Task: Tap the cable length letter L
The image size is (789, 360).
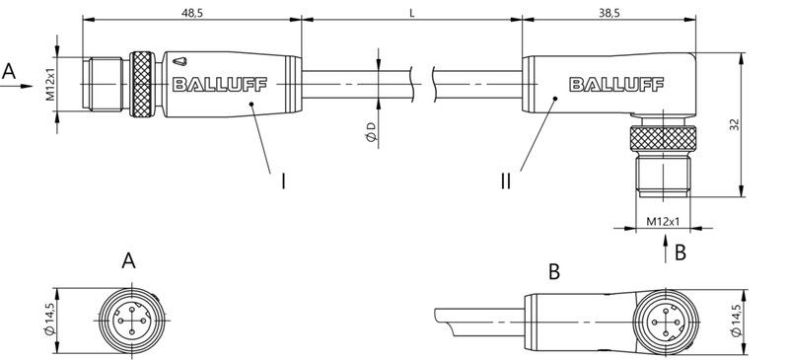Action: pyautogui.click(x=411, y=12)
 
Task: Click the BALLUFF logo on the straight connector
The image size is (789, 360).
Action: pyautogui.click(x=218, y=84)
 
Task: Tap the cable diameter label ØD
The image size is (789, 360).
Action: pyautogui.click(x=369, y=133)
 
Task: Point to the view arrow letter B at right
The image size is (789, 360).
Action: pyautogui.click(x=680, y=252)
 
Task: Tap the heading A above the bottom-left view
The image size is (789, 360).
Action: pyautogui.click(x=127, y=261)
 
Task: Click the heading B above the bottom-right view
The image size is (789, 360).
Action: pyautogui.click(x=554, y=268)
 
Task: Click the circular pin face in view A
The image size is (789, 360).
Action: pyautogui.click(x=127, y=317)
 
